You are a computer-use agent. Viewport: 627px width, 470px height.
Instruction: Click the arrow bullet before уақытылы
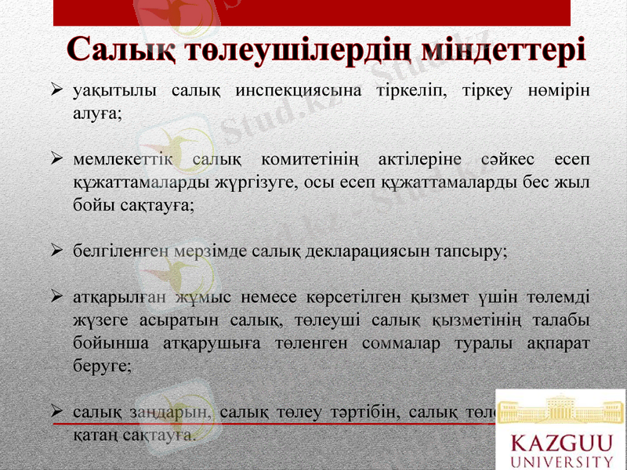(56, 91)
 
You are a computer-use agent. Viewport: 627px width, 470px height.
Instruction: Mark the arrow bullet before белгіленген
(56, 251)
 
